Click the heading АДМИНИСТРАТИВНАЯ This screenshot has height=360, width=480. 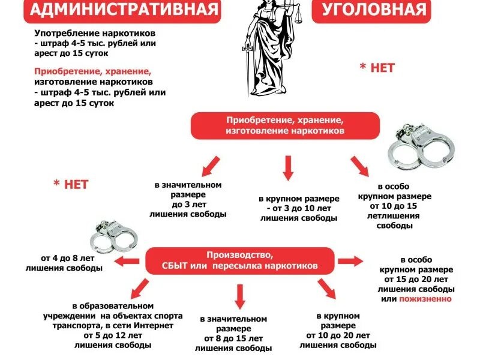(x=124, y=9)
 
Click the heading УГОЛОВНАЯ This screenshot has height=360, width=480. (x=374, y=9)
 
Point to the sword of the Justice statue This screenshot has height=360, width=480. (x=247, y=69)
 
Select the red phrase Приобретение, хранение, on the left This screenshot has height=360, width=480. (x=93, y=71)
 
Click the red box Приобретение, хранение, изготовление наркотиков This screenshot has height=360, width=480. (x=285, y=125)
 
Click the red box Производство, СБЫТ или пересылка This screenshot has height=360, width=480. (x=239, y=261)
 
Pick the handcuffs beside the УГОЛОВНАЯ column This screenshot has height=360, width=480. (x=421, y=146)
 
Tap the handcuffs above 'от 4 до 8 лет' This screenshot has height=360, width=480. (x=114, y=235)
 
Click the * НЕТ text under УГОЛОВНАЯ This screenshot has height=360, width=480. (x=377, y=68)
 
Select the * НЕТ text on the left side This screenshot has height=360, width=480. (x=71, y=184)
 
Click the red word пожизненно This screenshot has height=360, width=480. (x=425, y=299)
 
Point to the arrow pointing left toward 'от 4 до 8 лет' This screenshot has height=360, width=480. (x=127, y=262)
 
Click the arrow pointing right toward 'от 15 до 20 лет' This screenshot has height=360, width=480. (x=351, y=261)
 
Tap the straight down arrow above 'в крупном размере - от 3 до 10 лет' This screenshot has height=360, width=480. (x=288, y=168)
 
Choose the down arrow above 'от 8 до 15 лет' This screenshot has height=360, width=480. (x=240, y=297)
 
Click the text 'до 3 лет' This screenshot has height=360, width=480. (x=189, y=204)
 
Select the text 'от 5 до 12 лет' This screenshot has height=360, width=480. (x=113, y=335)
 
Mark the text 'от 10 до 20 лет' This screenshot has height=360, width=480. (x=338, y=335)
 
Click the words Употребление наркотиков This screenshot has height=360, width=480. (x=95, y=33)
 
